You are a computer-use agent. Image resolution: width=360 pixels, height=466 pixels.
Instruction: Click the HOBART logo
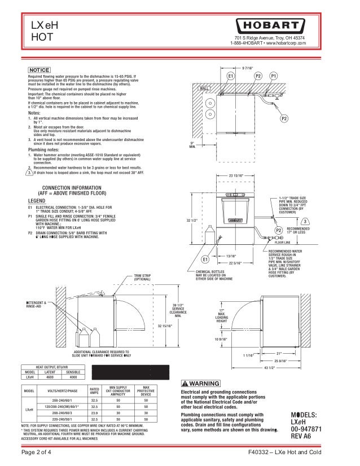pos(273,27)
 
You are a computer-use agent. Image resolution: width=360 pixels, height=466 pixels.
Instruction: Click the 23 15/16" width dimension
pos(236,175)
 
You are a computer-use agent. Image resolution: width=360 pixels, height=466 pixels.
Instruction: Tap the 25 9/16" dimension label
pos(280,360)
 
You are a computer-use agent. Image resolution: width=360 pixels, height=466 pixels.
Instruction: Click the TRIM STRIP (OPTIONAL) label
pos(142,277)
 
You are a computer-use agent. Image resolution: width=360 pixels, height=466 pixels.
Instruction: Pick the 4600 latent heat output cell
pos(49,377)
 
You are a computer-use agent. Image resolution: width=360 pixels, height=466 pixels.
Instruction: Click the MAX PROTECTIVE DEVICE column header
pos(146,392)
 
